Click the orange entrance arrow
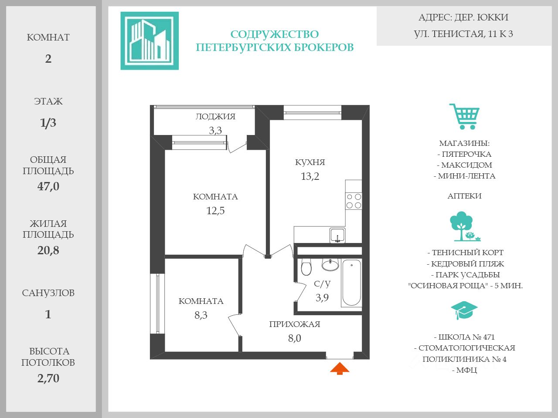pos(340,369)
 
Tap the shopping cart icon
pos(465,116)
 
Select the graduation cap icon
pos(464,310)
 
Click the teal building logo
pos(150,41)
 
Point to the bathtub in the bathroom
pos(351,283)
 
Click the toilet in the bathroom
pos(306,267)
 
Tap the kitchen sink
pos(337,235)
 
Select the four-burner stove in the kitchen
pos(354,201)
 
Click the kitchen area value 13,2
pos(310,176)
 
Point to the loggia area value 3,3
pos(215,130)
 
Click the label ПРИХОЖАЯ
pos(295,324)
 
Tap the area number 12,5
pos(215,211)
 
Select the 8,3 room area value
pos(201,315)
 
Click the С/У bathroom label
pos(322,284)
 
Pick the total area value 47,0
pos(48,186)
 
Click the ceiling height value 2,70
pos(48,378)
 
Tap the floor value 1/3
pos(48,123)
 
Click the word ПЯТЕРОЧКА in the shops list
pos(466,154)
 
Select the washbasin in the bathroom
pos(330,264)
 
